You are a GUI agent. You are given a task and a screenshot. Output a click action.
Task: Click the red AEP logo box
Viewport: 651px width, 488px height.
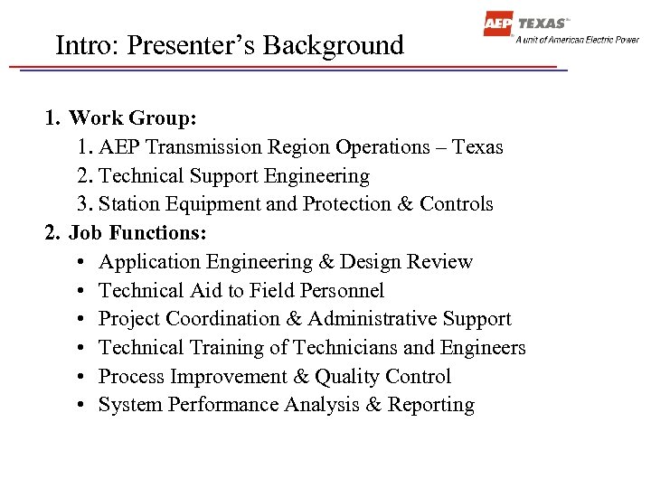498,23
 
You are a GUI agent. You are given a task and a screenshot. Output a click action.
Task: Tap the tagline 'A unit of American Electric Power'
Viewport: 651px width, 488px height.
577,40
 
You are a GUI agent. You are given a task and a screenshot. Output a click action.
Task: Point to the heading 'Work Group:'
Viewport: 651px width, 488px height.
133,118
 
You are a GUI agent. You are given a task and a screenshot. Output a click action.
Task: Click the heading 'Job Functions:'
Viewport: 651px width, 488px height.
138,233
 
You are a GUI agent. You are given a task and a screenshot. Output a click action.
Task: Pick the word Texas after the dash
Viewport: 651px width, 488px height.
477,146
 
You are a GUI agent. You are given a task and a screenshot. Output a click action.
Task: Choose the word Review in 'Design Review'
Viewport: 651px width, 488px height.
442,262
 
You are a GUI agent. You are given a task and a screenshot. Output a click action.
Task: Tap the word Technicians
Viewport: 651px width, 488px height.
345,348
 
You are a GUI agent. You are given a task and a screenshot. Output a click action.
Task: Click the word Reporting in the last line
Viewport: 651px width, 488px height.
431,406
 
